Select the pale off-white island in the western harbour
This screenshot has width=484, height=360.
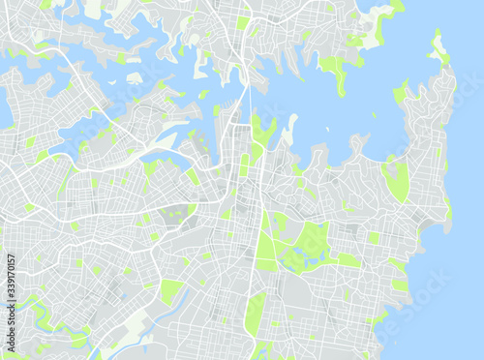pyautogui.click(x=134, y=77)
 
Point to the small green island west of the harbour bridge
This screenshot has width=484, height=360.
pyautogui.click(x=202, y=94)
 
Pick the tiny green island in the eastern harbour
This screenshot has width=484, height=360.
pyautogui.click(x=374, y=115)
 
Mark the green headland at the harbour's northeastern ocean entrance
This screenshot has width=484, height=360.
pyautogui.click(x=440, y=48)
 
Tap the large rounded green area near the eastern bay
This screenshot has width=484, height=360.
pyautogui.click(x=395, y=180)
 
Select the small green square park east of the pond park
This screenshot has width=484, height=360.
pyautogui.click(x=373, y=237)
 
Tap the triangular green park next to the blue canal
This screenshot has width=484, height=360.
pyautogui.click(x=169, y=290)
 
